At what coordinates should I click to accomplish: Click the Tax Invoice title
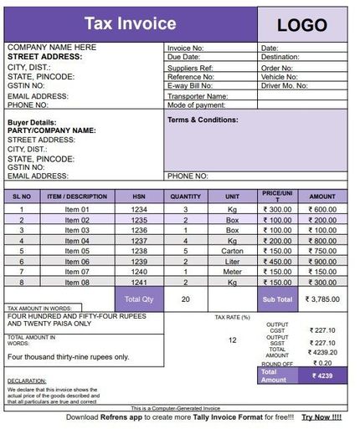[x=131, y=24]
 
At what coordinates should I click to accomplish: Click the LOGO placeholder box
[x=302, y=25]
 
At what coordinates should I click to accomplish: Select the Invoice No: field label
[x=186, y=49]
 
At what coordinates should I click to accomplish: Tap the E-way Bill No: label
[x=190, y=85]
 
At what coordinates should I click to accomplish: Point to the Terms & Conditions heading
[x=203, y=120]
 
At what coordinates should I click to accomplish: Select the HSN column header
[x=139, y=196]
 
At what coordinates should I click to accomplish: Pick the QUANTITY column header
[x=185, y=196]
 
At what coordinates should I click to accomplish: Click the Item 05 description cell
[x=77, y=251]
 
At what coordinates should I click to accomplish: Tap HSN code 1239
[x=139, y=262]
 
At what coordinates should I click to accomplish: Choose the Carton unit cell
[x=232, y=251]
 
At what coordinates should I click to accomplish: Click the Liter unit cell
[x=232, y=262]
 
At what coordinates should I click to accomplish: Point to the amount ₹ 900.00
[x=321, y=262]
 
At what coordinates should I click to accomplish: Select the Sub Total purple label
[x=277, y=299]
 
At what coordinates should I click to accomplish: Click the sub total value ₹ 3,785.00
[x=322, y=299]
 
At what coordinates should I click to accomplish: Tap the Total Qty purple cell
[x=139, y=299]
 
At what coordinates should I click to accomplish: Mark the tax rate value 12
[x=232, y=340]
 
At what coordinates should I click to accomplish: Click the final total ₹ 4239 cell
[x=322, y=376]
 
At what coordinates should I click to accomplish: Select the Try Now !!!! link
[x=321, y=416]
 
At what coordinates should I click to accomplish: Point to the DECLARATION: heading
[x=28, y=380]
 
